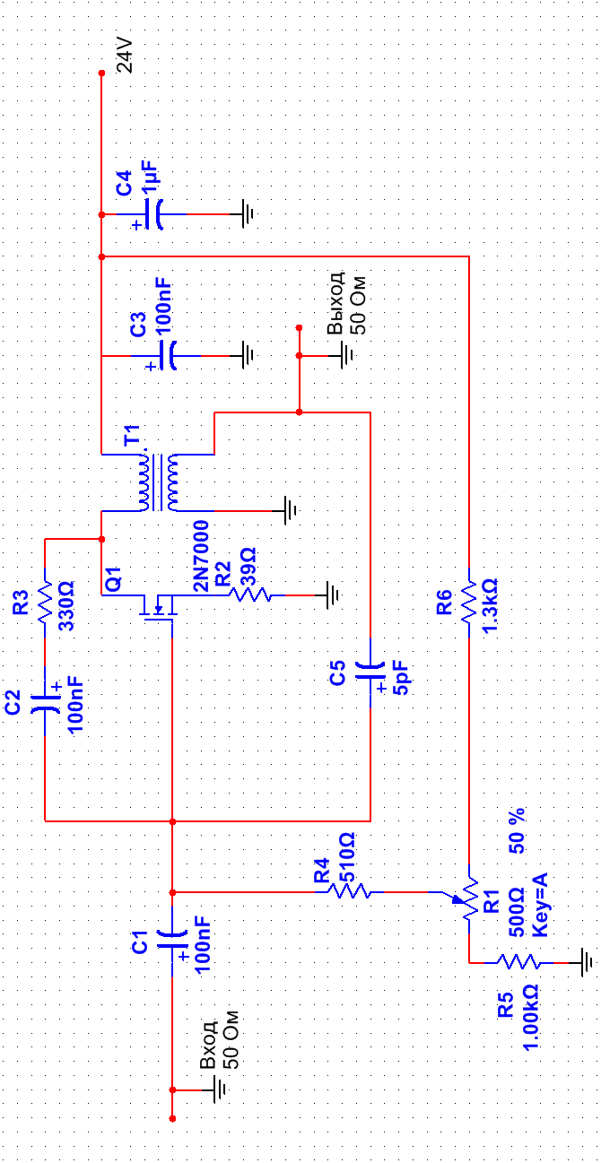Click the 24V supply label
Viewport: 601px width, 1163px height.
tap(125, 56)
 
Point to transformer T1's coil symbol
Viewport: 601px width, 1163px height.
tap(158, 482)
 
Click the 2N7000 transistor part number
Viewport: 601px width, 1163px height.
tap(201, 556)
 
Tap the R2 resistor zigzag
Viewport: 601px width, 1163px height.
tap(250, 595)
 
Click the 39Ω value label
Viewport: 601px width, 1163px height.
tap(248, 567)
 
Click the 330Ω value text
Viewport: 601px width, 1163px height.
tap(66, 606)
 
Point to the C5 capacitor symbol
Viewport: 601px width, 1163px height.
tap(370, 673)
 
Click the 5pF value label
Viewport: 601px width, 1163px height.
tap(401, 678)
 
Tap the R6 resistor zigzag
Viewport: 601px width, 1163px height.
tap(469, 603)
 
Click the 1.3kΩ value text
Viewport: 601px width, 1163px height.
tap(490, 606)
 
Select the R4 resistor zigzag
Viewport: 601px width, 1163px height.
tap(349, 891)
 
